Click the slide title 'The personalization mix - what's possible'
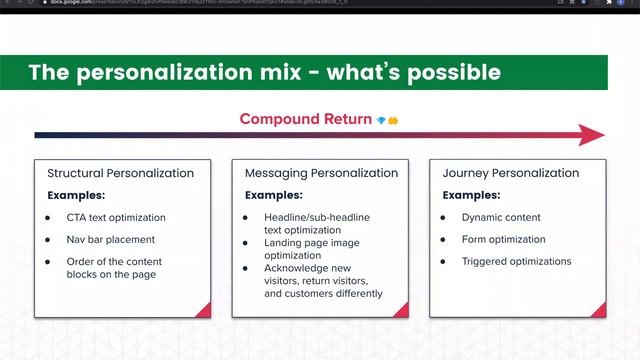(x=264, y=73)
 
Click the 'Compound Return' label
(x=305, y=119)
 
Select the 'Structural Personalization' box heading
(x=120, y=173)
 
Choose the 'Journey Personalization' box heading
(x=510, y=173)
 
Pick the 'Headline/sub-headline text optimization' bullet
(x=318, y=224)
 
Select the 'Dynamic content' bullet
(x=500, y=217)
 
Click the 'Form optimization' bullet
(x=503, y=239)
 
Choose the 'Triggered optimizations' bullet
(x=516, y=261)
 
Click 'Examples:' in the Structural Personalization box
(x=76, y=195)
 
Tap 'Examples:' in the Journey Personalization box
(x=472, y=195)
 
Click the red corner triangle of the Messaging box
(x=399, y=309)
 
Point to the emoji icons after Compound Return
(x=388, y=120)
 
